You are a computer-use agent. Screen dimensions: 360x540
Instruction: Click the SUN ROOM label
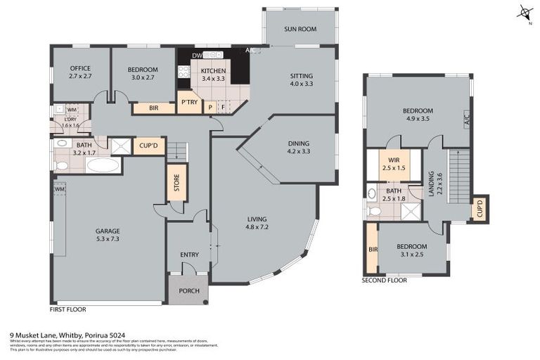(300, 29)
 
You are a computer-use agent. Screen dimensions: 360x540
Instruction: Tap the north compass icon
(524, 13)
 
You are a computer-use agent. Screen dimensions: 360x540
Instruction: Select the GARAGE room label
(108, 231)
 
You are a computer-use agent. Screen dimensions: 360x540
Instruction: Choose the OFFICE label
(80, 68)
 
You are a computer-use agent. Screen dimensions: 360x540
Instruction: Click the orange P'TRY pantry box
(188, 103)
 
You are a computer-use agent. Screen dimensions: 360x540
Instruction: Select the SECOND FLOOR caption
(384, 280)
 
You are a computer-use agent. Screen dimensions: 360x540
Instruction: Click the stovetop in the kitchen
(184, 71)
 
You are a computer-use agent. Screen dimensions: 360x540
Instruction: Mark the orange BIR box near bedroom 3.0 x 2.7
(153, 108)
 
